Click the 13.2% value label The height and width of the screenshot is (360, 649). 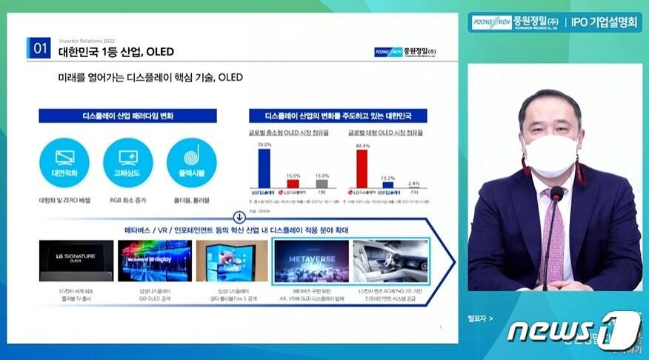387,178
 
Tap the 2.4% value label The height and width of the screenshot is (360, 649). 413,183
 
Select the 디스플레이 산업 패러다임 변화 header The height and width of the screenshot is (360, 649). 128,116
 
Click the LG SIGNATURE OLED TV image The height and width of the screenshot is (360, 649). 66,260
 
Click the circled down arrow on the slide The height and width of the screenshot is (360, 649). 239,218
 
